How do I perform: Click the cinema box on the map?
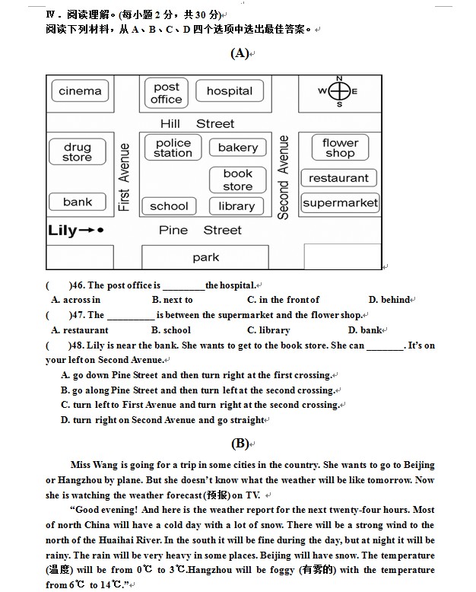pyautogui.click(x=80, y=91)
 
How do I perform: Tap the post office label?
pyautogui.click(x=167, y=93)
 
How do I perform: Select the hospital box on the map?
pyautogui.click(x=230, y=91)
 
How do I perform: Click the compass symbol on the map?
pyautogui.click(x=339, y=91)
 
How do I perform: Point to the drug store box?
pyautogui.click(x=78, y=151)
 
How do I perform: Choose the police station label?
pyautogui.click(x=173, y=148)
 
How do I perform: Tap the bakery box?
pyautogui.click(x=238, y=148)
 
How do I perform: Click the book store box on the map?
pyautogui.click(x=238, y=180)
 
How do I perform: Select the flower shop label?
pyautogui.click(x=340, y=148)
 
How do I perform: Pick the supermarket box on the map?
pyautogui.click(x=340, y=203)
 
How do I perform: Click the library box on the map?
pyautogui.click(x=236, y=206)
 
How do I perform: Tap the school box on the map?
pyautogui.click(x=169, y=206)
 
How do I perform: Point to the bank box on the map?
pyautogui.click(x=78, y=202)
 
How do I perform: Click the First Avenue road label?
pyautogui.click(x=124, y=177)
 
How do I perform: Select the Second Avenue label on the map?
pyautogui.click(x=283, y=177)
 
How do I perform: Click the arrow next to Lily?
pyautogui.click(x=87, y=230)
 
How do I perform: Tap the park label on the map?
pyautogui.click(x=205, y=257)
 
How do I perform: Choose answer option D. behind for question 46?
pyautogui.click(x=390, y=300)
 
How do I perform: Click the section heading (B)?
pyautogui.click(x=240, y=444)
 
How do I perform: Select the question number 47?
pyautogui.click(x=78, y=315)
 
